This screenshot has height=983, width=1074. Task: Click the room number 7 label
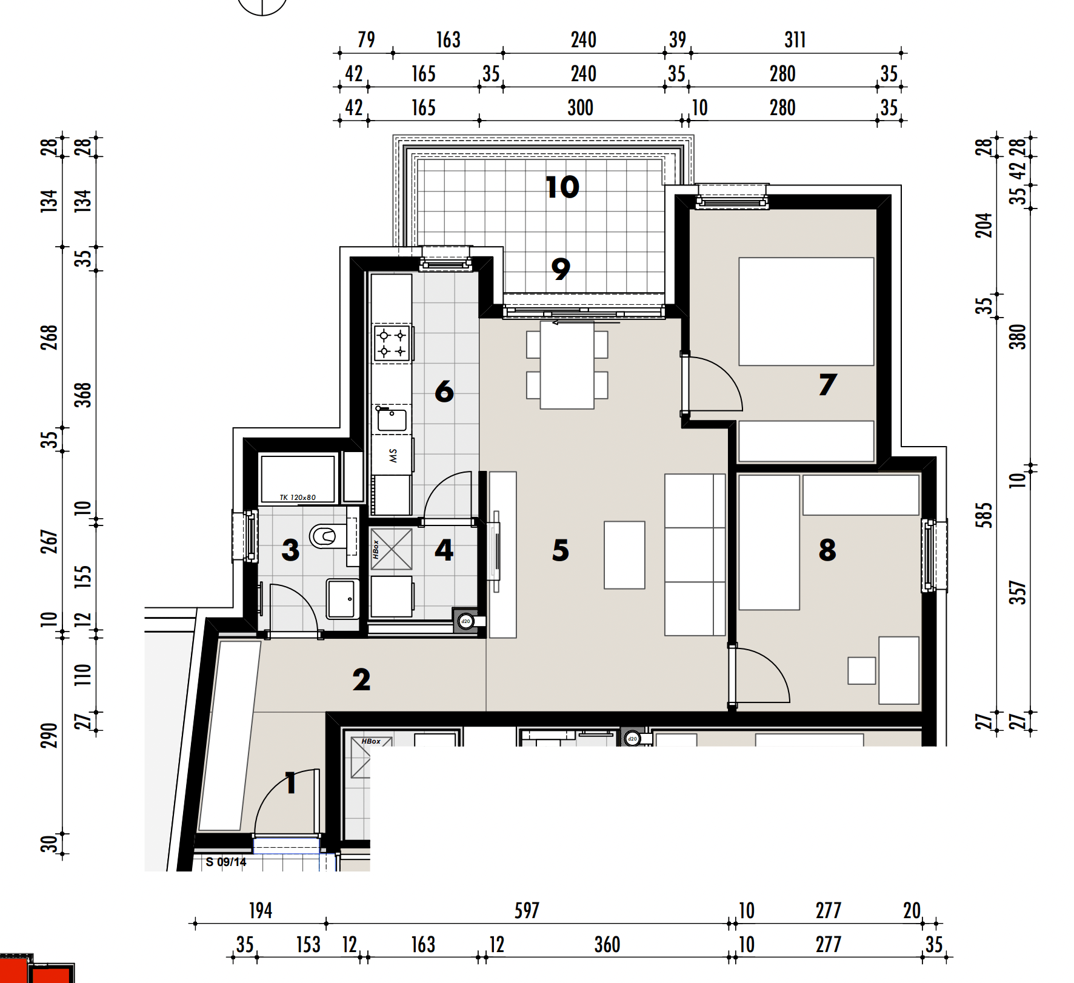(x=828, y=384)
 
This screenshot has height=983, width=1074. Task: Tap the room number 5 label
(x=561, y=550)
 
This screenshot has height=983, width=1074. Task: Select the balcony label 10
(x=562, y=187)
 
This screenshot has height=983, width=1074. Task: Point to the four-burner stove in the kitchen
(x=392, y=343)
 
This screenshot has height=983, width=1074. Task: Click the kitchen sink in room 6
(x=392, y=419)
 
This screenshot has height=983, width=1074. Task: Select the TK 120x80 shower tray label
(x=298, y=498)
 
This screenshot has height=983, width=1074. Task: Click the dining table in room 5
(x=567, y=365)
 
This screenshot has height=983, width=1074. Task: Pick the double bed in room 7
(x=806, y=312)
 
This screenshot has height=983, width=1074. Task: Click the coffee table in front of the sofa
(x=624, y=555)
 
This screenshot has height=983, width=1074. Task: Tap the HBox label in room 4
(x=376, y=549)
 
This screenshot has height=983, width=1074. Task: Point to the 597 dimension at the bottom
(x=527, y=910)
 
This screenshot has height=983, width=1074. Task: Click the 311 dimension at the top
(x=795, y=40)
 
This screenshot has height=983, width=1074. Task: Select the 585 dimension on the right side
(x=984, y=515)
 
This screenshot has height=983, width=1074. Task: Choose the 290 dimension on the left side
(x=48, y=735)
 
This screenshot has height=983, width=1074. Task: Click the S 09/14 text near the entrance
(x=226, y=862)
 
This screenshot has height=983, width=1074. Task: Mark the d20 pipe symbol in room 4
(x=465, y=621)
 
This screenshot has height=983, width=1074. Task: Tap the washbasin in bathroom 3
(x=342, y=599)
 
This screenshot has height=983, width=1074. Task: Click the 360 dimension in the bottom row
(x=607, y=944)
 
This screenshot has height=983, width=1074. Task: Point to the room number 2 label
(x=361, y=679)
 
